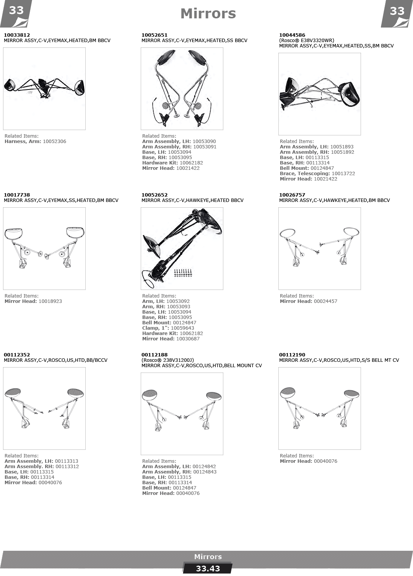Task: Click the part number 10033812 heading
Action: [17, 35]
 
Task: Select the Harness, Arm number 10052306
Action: [55, 142]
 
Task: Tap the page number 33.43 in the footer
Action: [208, 568]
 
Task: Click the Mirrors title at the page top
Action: [208, 14]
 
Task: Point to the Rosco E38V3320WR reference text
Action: [307, 41]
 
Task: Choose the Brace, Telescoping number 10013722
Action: [343, 174]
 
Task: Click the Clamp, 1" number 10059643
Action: [182, 328]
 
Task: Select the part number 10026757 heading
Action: [292, 195]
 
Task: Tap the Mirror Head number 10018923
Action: [50, 301]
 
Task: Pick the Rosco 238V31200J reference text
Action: [167, 360]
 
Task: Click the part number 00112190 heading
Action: [292, 355]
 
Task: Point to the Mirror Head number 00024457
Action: [325, 301]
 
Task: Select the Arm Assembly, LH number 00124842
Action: [204, 467]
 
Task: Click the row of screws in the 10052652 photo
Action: [183, 273]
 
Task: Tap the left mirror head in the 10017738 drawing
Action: [14, 233]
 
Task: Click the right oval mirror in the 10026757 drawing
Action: [351, 232]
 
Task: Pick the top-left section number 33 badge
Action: [16, 13]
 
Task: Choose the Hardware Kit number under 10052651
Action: [191, 163]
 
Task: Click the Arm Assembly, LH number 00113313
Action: [66, 461]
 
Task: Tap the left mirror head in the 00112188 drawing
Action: [150, 395]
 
